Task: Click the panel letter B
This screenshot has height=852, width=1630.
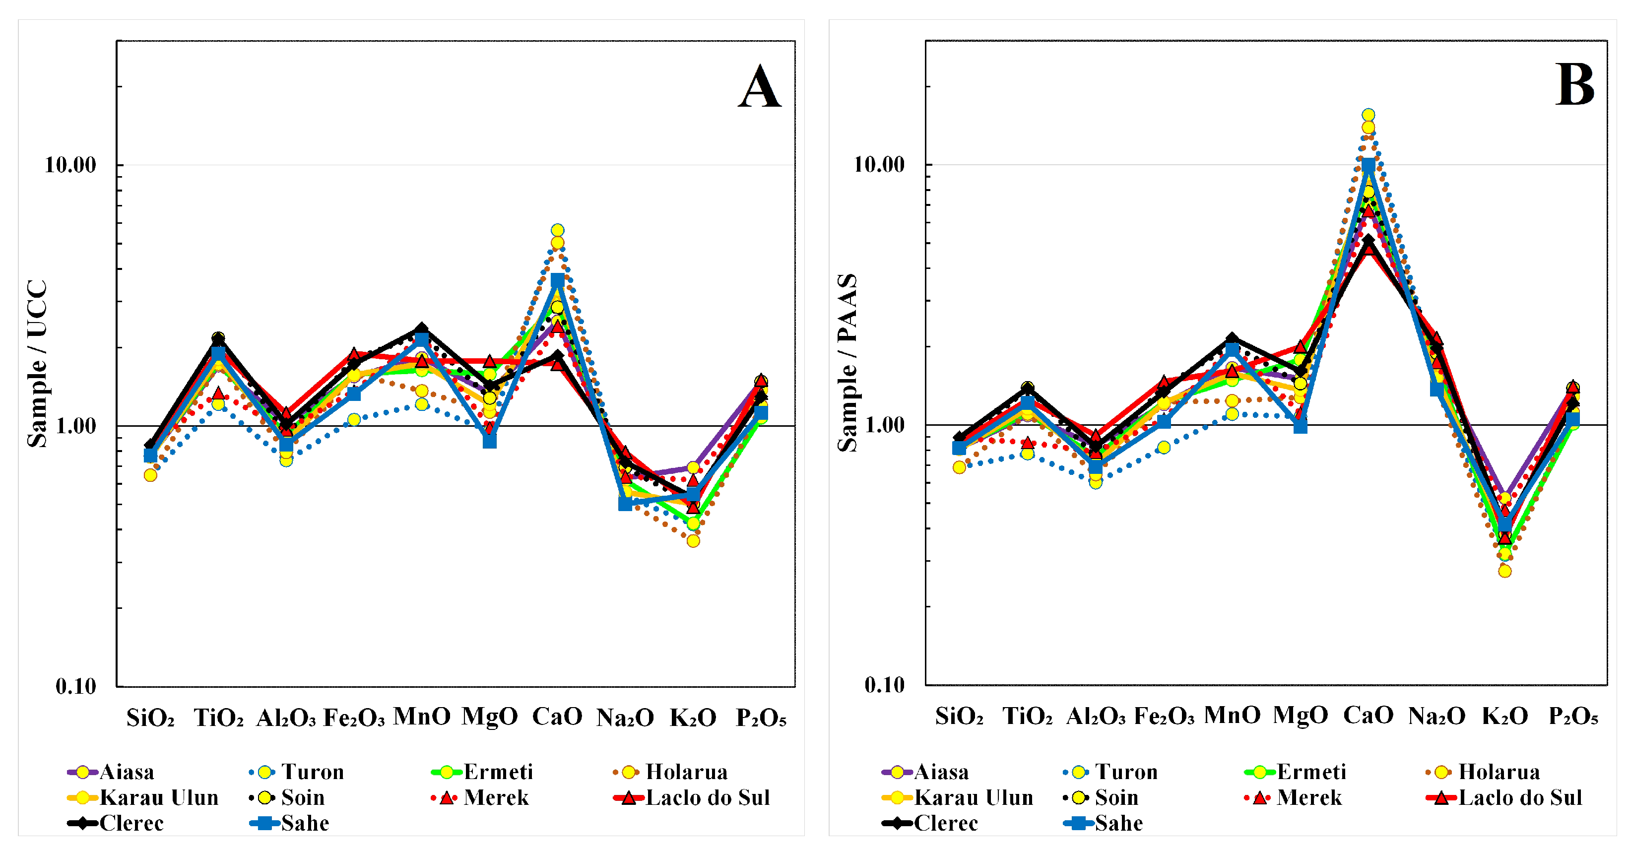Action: (1574, 85)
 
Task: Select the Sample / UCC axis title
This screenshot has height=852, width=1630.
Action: (37, 363)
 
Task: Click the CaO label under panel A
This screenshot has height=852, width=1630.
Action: (557, 717)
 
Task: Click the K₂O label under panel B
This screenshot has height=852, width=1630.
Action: (1505, 717)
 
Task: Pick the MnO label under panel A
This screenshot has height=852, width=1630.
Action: (421, 717)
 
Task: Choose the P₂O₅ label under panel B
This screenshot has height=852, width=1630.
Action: (1573, 717)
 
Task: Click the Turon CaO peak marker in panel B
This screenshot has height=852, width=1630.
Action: (1368, 115)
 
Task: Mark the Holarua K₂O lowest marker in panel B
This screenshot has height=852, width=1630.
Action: (1505, 571)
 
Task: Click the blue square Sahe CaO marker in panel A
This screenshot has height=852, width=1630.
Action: (557, 280)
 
